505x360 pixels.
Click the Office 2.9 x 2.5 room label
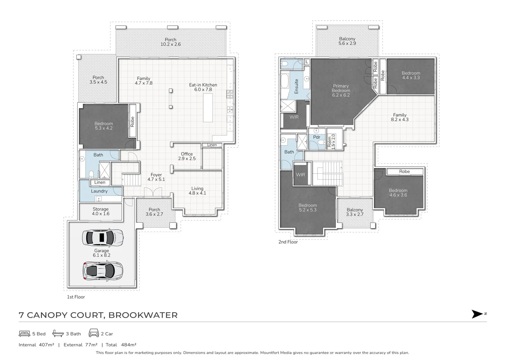[x=187, y=156]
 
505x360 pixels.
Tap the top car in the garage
[x=103, y=238]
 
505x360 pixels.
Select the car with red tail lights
[x=103, y=271]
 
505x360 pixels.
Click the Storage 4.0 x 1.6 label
[x=101, y=211]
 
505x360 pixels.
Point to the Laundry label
[x=99, y=191]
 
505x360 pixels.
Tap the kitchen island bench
[x=208, y=108]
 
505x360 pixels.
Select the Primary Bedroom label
[x=341, y=90]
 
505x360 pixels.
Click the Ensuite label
[x=296, y=86]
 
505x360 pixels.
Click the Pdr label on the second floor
[x=316, y=137]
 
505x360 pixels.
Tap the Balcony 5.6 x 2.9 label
[x=347, y=41]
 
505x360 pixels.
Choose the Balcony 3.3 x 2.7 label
[x=355, y=212]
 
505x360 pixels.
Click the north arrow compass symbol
[x=477, y=314]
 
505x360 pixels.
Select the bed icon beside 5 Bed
[x=24, y=334]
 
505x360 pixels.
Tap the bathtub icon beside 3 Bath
[x=58, y=333]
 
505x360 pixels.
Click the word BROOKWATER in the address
[x=143, y=315]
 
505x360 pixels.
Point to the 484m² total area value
[x=129, y=345]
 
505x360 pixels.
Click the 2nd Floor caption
[x=288, y=242]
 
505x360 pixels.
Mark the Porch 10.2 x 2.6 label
[x=171, y=42]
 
